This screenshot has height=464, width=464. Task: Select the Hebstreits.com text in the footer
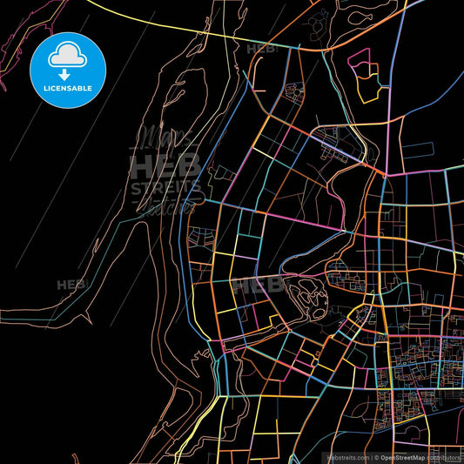[x=346, y=457]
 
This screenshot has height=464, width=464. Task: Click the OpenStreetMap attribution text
[x=401, y=457]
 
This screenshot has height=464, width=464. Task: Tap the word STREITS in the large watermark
[x=165, y=187]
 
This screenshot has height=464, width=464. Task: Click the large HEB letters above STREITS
[x=165, y=165]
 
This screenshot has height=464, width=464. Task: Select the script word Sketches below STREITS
[x=170, y=206]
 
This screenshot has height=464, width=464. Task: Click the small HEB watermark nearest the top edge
[x=261, y=50]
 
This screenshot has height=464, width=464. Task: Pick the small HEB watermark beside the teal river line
[x=70, y=285]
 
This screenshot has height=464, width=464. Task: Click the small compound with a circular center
[x=294, y=91]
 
